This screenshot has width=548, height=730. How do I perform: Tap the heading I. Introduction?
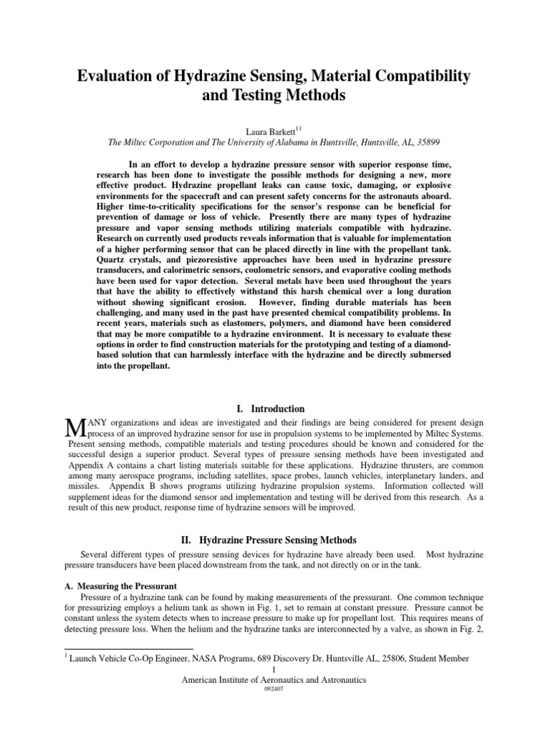pos(274,408)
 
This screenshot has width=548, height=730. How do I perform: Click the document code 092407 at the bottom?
pos(274,691)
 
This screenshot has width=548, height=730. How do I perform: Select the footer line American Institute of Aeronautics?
pos(274,680)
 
